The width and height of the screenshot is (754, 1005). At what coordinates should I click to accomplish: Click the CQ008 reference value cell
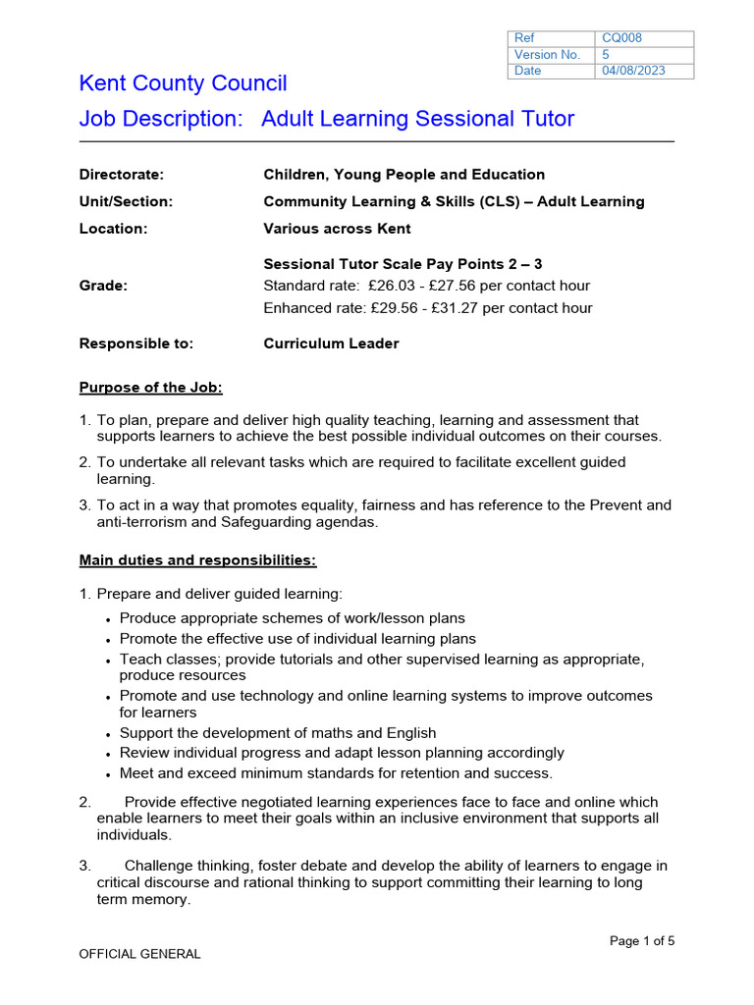pyautogui.click(x=622, y=38)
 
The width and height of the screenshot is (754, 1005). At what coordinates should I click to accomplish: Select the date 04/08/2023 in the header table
pyautogui.click(x=633, y=72)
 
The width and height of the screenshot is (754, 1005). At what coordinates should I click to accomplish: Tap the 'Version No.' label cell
pyautogui.click(x=547, y=55)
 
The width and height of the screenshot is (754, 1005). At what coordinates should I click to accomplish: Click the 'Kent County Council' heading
pyautogui.click(x=183, y=84)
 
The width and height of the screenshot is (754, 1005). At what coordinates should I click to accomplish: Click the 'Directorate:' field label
pyautogui.click(x=121, y=175)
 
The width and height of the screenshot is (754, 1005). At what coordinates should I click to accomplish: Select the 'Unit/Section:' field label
pyautogui.click(x=125, y=202)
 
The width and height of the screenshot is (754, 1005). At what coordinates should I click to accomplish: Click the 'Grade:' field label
pyautogui.click(x=103, y=286)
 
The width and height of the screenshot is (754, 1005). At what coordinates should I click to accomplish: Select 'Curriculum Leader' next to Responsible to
pyautogui.click(x=331, y=344)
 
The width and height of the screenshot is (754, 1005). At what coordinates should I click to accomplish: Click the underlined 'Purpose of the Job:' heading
pyautogui.click(x=150, y=388)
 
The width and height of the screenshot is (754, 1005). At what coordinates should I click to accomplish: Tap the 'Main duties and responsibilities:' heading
pyautogui.click(x=197, y=560)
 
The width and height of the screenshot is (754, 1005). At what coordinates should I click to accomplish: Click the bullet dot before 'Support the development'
pyautogui.click(x=107, y=735)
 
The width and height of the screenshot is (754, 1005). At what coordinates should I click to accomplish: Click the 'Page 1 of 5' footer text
pyautogui.click(x=642, y=941)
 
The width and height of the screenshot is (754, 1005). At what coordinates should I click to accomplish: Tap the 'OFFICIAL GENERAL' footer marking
pyautogui.click(x=139, y=954)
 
